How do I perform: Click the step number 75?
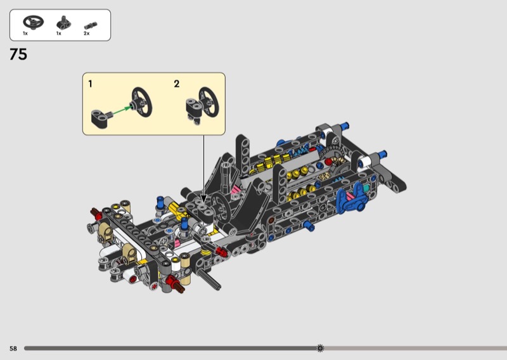(18, 55)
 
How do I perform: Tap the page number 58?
(13, 349)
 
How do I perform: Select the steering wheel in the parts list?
(34, 22)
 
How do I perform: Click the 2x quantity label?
(86, 34)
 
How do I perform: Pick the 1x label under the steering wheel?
(25, 34)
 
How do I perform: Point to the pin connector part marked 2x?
(91, 25)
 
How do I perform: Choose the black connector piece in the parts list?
(64, 23)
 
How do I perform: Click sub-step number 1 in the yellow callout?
(90, 84)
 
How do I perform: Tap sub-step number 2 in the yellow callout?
(177, 84)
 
